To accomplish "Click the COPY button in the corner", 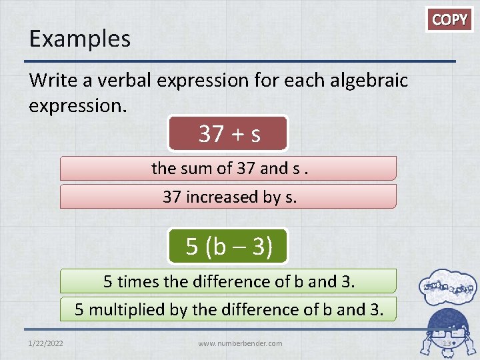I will [x=450, y=19].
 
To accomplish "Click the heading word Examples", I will [x=79, y=39].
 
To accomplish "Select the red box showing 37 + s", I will [x=229, y=134].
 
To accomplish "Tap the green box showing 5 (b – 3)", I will [x=229, y=246].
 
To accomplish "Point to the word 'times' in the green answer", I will [x=138, y=281].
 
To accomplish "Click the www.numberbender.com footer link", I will [x=240, y=343].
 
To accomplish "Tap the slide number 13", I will [x=447, y=343].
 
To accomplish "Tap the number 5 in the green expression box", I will [x=192, y=247].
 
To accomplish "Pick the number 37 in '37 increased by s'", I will [x=172, y=197].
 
